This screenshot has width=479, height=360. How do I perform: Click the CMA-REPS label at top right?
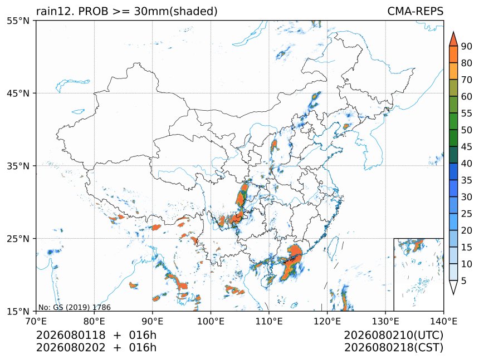pos(415,11)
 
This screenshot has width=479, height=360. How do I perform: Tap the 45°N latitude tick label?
pos(18,93)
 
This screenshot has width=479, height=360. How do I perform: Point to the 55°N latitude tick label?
pos(18,21)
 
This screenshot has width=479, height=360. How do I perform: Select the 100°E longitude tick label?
pos(211,321)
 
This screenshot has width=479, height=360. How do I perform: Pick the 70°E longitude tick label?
pos(36,321)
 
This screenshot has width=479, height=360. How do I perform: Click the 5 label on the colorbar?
pos(464,280)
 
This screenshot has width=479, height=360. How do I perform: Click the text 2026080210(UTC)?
pos(393,335)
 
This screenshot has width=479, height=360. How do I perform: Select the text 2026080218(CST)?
pos(393,348)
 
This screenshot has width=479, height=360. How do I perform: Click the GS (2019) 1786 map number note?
pos(75,307)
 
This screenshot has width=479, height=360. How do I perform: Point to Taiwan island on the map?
pos(333,246)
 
